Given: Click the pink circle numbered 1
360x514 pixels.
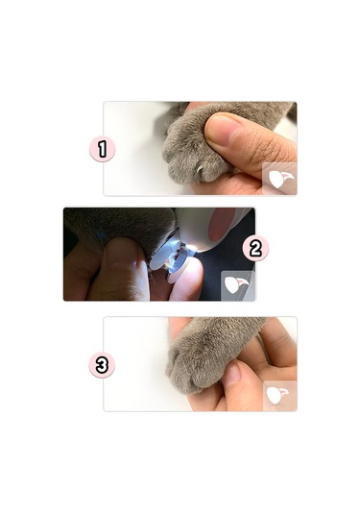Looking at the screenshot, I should point(102,149).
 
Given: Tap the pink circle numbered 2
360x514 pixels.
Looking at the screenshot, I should point(255,248).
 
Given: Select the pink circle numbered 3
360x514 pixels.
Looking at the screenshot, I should point(102,364).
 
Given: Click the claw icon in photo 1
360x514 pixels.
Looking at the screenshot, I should point(279,179).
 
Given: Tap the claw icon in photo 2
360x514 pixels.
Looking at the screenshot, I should point(237,284).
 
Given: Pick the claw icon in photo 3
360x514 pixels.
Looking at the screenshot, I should point(279,394).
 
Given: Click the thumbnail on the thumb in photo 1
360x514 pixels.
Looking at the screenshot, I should point(224,131).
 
